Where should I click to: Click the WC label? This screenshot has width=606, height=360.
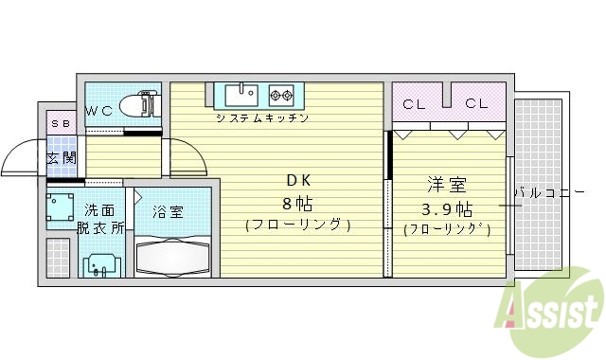pyautogui.click(x=99, y=111)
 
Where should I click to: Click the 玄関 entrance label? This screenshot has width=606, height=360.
pyautogui.click(x=62, y=158)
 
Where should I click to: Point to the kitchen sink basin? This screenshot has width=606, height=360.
pyautogui.click(x=241, y=94)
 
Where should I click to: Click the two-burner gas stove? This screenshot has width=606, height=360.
pyautogui.click(x=280, y=94)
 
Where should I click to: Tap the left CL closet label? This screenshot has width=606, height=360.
pyautogui.click(x=414, y=104)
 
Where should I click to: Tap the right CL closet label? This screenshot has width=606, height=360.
pyautogui.click(x=476, y=104)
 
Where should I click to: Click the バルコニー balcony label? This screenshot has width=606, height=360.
pyautogui.click(x=549, y=192)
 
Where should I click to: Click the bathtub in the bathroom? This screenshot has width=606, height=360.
pyautogui.click(x=173, y=256)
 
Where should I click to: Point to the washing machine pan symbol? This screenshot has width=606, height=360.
pyautogui.click(x=62, y=209)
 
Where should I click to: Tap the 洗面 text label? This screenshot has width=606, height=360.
pyautogui.click(x=100, y=210)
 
